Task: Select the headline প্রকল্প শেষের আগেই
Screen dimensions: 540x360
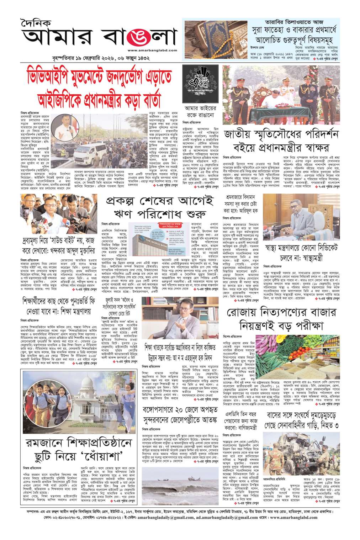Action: click(158, 202)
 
